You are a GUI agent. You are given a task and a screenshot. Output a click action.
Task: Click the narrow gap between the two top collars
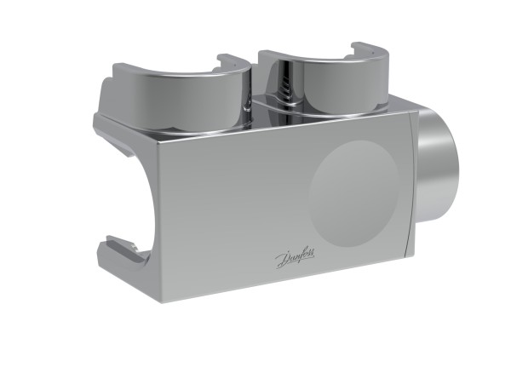click(255, 94)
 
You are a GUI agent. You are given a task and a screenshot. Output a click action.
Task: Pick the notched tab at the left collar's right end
click(232, 62)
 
